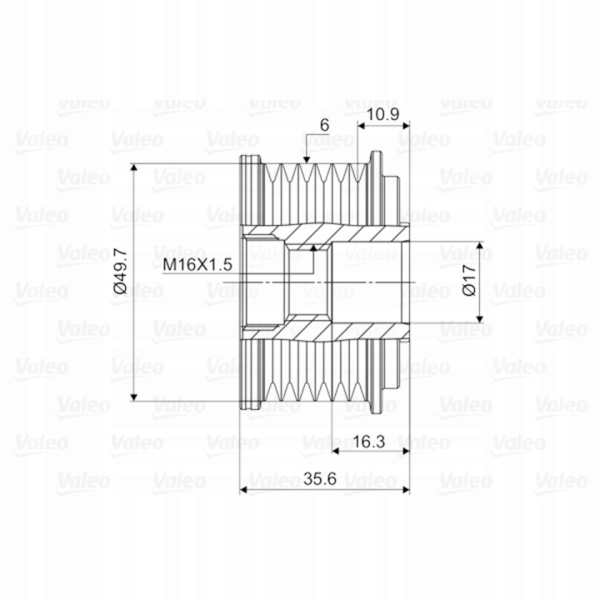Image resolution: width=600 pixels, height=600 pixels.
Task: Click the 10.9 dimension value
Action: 382,114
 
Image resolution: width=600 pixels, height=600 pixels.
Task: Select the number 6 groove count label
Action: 324,125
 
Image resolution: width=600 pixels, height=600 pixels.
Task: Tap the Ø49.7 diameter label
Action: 121,271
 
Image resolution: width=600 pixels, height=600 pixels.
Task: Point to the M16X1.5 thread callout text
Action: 197,264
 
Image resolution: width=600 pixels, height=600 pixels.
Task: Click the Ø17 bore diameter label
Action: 469,280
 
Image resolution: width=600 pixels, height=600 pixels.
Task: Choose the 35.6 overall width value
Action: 320,478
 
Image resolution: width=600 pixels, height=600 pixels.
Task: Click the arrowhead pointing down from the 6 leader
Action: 306,160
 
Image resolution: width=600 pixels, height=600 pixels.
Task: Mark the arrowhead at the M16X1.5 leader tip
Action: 313,247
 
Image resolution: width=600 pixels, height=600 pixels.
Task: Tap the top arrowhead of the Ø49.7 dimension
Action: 133,168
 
